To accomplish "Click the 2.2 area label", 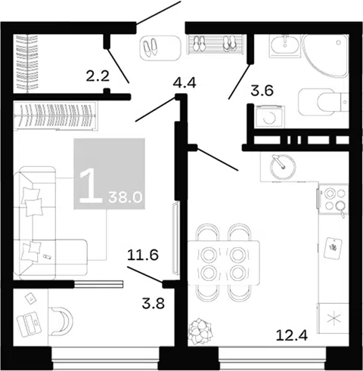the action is (98, 76).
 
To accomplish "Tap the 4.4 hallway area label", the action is (185, 82).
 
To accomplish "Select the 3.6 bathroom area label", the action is (262, 91).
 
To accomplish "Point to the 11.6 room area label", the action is (143, 255).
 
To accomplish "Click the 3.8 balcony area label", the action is (154, 303).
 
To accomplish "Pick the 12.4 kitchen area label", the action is (292, 335).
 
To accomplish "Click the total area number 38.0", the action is (126, 198).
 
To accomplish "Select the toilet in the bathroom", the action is (324, 102).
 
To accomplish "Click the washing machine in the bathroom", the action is (270, 117).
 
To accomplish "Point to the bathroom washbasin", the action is (285, 45).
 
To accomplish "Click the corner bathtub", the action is (325, 56).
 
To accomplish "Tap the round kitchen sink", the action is (283, 167).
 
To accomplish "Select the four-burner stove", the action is (334, 199).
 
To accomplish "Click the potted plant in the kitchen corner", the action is (200, 332).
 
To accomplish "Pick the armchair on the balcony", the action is (61, 321).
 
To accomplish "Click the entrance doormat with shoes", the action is (160, 48).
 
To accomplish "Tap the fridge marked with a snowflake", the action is (334, 319).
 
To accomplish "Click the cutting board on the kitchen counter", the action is (333, 249).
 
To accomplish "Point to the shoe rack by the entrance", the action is (216, 44).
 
